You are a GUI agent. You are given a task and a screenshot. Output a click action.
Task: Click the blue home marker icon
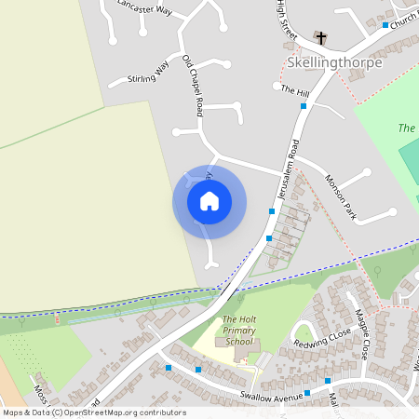209,201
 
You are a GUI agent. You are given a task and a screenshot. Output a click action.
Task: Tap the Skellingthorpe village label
334,63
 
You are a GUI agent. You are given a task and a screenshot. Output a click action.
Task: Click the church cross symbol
321,38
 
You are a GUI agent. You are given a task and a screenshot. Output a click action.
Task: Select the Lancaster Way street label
145,7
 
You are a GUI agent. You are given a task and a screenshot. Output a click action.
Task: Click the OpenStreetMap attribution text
93,412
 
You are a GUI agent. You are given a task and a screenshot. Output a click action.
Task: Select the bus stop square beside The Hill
304,106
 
